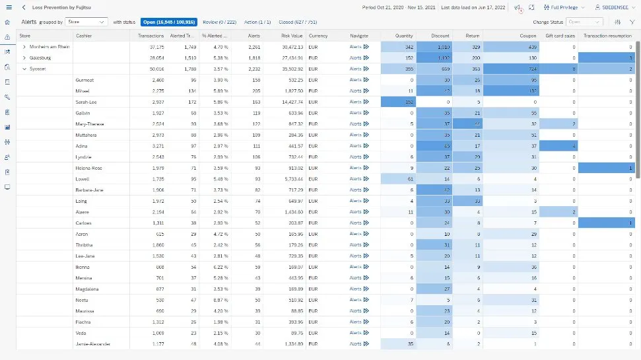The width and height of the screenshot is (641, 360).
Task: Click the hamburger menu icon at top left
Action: click(x=8, y=7)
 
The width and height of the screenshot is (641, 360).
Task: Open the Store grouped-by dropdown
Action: click(x=86, y=22)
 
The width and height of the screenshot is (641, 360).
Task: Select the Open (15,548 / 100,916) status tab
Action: click(x=169, y=22)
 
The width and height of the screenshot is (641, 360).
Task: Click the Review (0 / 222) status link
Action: click(x=221, y=22)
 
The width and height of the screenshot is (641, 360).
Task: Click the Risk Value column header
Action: click(x=292, y=36)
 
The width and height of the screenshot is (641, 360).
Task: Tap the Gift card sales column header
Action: click(x=560, y=36)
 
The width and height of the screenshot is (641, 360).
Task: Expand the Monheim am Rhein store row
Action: click(x=24, y=47)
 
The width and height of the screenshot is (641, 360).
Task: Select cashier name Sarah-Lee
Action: click(x=86, y=102)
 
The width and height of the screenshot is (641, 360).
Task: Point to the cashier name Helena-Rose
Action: click(x=88, y=168)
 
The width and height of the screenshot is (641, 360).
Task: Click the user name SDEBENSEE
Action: click(x=614, y=7)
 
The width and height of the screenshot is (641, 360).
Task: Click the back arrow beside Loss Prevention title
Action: click(x=24, y=7)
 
